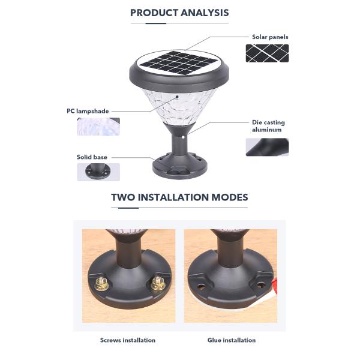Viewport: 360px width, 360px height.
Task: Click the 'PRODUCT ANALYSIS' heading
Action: click(179, 13)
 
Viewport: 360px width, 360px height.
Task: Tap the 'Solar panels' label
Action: click(270, 37)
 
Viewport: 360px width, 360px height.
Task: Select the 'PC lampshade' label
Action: click(88, 111)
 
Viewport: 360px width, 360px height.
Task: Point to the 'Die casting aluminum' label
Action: click(268, 126)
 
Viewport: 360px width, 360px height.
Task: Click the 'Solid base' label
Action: click(92, 157)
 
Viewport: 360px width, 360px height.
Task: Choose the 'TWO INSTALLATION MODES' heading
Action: click(179, 197)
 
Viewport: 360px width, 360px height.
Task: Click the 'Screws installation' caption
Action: click(128, 340)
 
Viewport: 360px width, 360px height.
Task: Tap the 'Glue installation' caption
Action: click(232, 340)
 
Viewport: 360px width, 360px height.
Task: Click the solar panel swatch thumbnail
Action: click(267, 53)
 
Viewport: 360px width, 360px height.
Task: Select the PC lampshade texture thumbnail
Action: click(98, 127)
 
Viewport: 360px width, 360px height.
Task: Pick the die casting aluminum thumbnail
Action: click(267, 147)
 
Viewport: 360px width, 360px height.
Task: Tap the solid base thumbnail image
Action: click(98, 172)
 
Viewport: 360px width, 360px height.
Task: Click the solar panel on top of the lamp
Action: click(179, 62)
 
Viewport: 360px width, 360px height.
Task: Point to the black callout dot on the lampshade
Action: click(177, 97)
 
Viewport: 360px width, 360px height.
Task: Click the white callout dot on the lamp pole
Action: click(183, 137)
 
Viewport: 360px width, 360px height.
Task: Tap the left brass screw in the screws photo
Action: click(101, 284)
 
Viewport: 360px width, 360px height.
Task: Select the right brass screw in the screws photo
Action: click(158, 283)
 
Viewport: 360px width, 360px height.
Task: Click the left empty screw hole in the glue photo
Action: click(201, 287)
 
